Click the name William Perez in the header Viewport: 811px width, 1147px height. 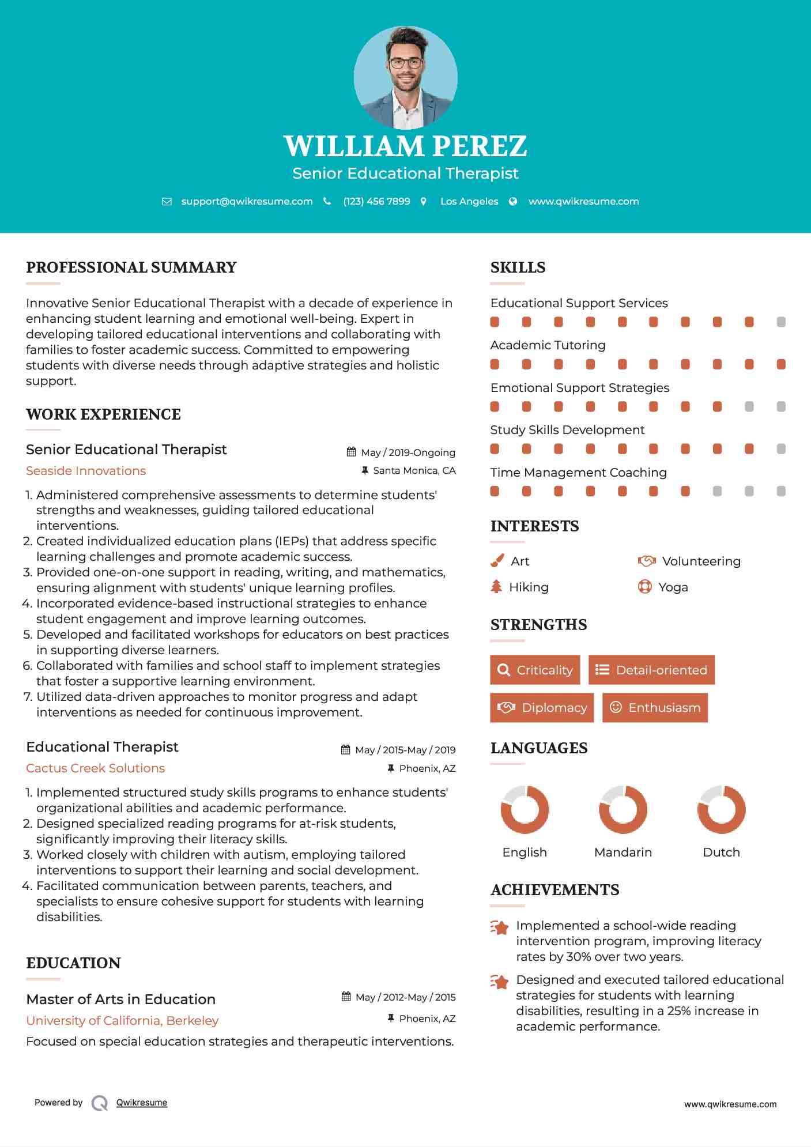(x=405, y=146)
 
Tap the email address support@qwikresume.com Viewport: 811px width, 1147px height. (x=247, y=201)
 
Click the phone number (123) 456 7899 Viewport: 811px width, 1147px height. (x=376, y=201)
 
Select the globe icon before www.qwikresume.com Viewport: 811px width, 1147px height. (x=513, y=201)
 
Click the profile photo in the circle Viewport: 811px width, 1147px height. (x=405, y=77)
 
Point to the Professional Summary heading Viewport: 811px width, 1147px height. (x=131, y=267)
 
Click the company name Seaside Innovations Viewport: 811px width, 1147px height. (x=86, y=471)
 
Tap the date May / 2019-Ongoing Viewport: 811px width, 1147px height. (x=408, y=452)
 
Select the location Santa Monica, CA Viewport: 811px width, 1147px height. (x=414, y=470)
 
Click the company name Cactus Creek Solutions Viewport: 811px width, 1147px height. (x=96, y=768)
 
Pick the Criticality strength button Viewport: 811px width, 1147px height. (x=535, y=670)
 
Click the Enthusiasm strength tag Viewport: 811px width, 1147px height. (x=655, y=707)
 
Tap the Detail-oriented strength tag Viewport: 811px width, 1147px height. (x=651, y=670)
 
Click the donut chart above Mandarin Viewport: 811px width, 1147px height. (x=623, y=809)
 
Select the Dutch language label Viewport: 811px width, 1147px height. (x=721, y=852)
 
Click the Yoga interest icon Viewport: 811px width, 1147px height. (x=644, y=587)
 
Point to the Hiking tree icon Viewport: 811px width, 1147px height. (x=496, y=587)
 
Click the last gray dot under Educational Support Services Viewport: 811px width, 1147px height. (x=781, y=322)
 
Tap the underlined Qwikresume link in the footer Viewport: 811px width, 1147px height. (x=142, y=1102)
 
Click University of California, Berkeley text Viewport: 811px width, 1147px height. (x=122, y=1020)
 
